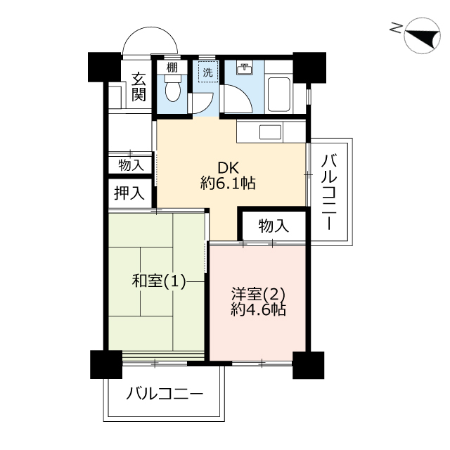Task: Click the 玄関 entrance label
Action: pos(139,87)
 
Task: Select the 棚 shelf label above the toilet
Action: pos(172,67)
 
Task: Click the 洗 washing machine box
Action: pos(208,72)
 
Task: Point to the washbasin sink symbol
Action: pos(245,69)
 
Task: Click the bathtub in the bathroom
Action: pos(279,95)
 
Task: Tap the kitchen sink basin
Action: pos(270,132)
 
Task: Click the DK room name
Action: pos(228,168)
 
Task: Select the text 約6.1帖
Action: pos(228,183)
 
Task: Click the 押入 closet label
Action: pos(129,193)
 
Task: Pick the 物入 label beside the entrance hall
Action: pos(131,166)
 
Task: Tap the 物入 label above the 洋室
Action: pos(274,226)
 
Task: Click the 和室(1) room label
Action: pos(159,281)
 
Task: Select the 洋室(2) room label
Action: pos(258,295)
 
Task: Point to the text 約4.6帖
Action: pos(258,309)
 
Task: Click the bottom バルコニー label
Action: pos(165,394)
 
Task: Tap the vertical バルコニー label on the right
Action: pos(329,192)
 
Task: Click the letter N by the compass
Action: pos(395,28)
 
